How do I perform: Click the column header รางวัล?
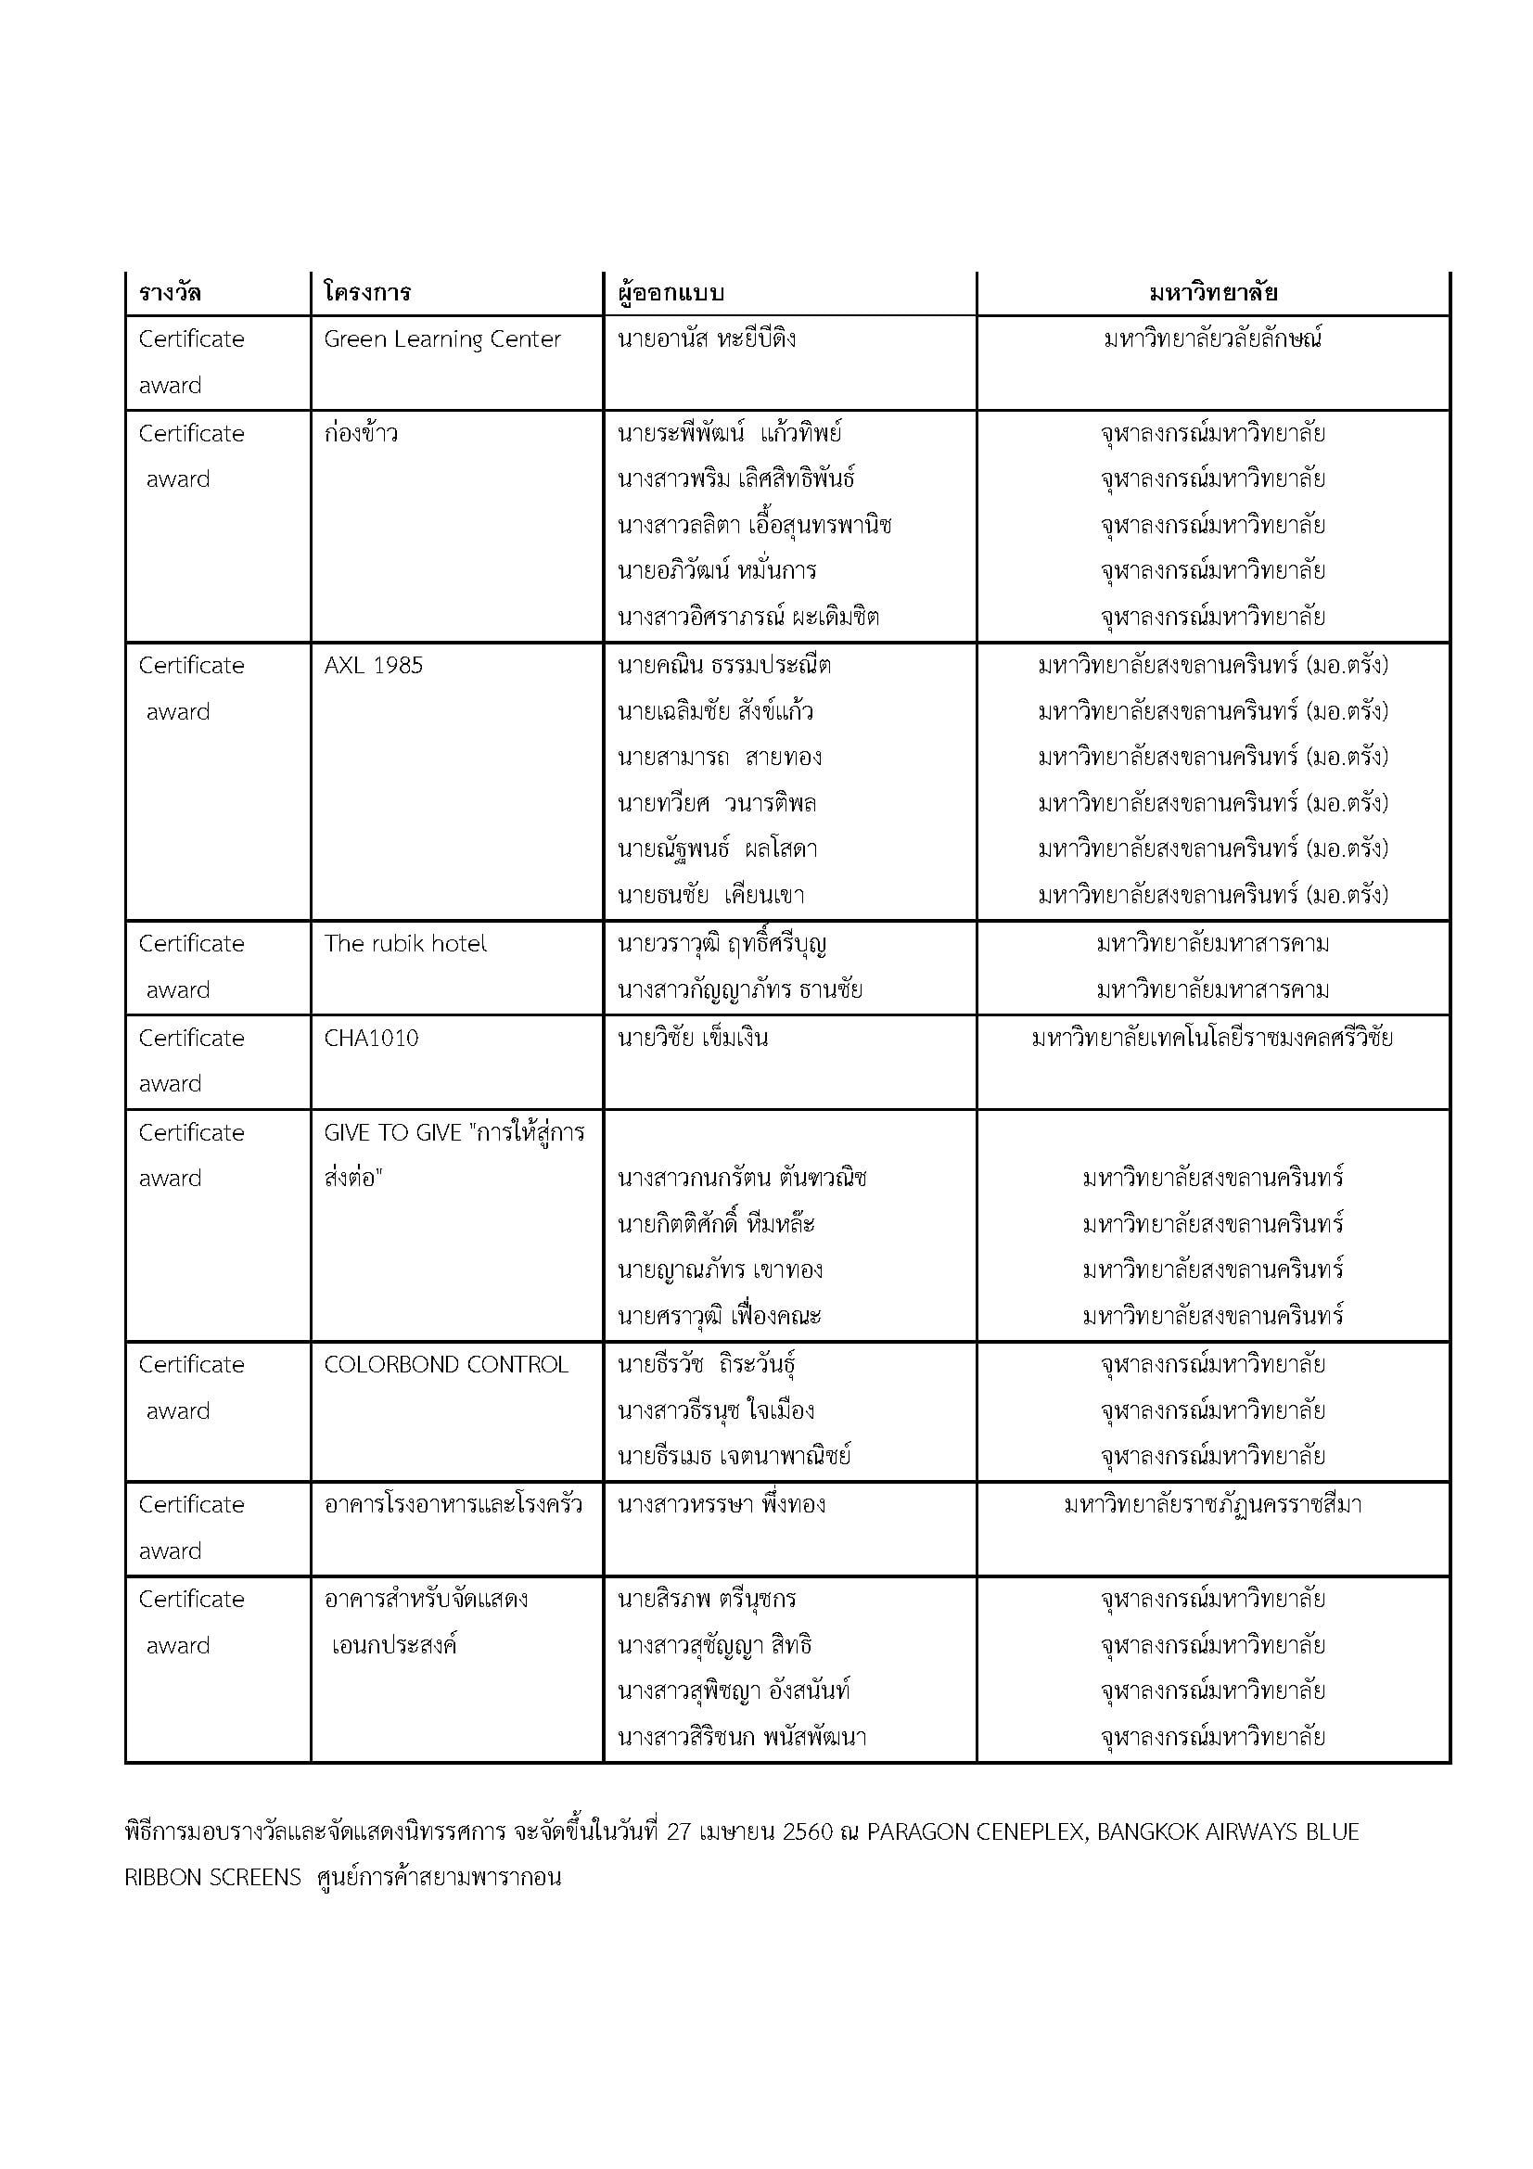170,292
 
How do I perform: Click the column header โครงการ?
367,292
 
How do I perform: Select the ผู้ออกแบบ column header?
671,292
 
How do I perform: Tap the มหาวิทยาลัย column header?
1213,292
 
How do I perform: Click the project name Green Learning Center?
442,339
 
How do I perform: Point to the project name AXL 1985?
373,666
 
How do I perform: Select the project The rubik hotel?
405,944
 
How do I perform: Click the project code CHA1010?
371,1039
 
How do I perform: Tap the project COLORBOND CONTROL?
446,1365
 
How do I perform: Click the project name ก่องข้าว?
361,434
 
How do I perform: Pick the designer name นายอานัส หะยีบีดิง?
707,339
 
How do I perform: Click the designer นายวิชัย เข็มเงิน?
693,1039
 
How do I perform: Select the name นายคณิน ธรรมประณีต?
724,666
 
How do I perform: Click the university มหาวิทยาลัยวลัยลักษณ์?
1213,339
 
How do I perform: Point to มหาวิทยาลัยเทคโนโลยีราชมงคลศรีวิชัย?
1213,1039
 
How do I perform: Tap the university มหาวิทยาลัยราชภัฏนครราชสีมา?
1213,1505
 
